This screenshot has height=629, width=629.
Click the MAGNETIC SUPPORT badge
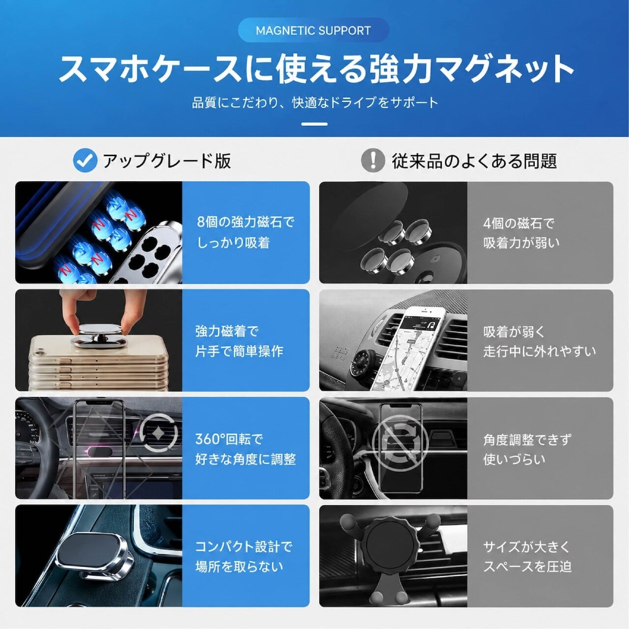[x=314, y=30]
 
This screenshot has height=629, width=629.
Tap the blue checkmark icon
[x=85, y=160]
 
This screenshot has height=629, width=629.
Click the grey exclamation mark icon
[x=373, y=160]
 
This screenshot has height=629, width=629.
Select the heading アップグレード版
[x=167, y=161]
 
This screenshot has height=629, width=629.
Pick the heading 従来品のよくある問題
[x=474, y=161]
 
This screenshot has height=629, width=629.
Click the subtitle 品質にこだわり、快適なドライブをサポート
[x=314, y=103]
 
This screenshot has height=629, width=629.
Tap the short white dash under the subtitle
[x=314, y=124]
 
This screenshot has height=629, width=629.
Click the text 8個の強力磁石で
[x=246, y=222]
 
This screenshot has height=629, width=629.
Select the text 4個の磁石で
[x=518, y=223]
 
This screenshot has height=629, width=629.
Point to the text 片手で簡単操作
[x=239, y=351]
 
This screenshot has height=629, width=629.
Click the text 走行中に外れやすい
[x=540, y=351]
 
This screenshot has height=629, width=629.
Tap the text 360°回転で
[x=229, y=439]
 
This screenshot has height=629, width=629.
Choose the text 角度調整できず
[x=527, y=440]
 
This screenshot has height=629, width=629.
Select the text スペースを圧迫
[x=527, y=567]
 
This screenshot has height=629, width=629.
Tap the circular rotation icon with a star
[x=159, y=433]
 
